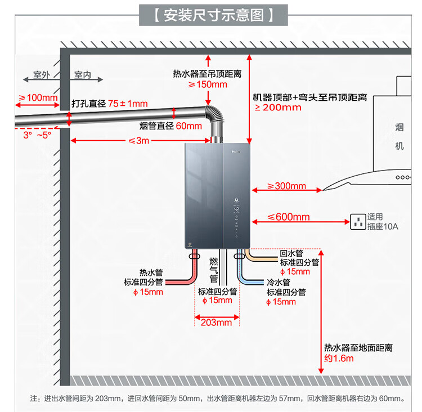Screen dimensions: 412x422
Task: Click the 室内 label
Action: pyautogui.click(x=83, y=75)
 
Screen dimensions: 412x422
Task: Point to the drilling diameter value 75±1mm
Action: pyautogui.click(x=128, y=104)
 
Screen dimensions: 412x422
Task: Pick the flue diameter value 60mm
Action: pyautogui.click(x=188, y=126)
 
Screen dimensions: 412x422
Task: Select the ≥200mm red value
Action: pyautogui.click(x=278, y=108)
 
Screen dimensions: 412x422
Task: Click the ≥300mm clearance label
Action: pyautogui.click(x=286, y=186)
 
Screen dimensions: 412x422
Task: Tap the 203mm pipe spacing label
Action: pyautogui.click(x=217, y=323)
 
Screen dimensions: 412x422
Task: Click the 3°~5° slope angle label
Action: pyautogui.click(x=37, y=135)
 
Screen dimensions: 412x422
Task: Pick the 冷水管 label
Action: pyautogui.click(x=278, y=282)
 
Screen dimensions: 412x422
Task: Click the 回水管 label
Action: pyautogui.click(x=291, y=253)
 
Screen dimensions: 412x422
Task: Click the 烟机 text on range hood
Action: pyautogui.click(x=399, y=136)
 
